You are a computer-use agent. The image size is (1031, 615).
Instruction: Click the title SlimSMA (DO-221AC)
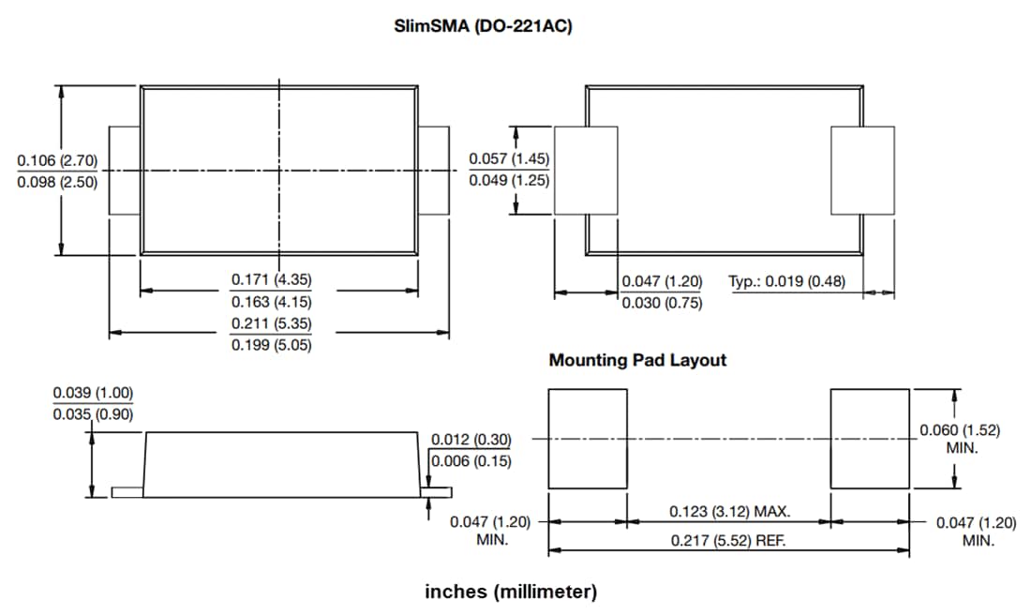(484, 26)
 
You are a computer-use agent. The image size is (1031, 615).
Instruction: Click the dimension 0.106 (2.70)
(57, 161)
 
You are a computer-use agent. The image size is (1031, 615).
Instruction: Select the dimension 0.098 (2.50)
(57, 182)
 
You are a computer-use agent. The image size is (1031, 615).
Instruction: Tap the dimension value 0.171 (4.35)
(272, 279)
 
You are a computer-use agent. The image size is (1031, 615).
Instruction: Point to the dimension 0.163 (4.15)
(272, 302)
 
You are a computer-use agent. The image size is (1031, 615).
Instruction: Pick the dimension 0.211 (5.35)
(272, 323)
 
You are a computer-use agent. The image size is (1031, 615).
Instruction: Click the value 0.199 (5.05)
(272, 345)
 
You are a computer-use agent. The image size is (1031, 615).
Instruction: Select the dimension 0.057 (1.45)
(509, 159)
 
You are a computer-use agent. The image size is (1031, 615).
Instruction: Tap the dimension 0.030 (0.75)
(662, 303)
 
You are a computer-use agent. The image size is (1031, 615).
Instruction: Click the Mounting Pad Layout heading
(637, 360)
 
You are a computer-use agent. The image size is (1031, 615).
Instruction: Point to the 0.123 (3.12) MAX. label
(730, 512)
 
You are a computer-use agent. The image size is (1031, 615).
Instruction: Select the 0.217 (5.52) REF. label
(728, 541)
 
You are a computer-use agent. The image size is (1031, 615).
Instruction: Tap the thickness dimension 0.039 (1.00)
(93, 392)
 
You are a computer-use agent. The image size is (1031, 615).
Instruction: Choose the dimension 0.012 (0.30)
(471, 440)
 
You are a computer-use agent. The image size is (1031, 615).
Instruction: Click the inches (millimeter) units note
(511, 592)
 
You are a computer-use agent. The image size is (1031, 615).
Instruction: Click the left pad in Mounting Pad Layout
(588, 439)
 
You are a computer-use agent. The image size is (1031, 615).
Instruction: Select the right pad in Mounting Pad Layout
(870, 439)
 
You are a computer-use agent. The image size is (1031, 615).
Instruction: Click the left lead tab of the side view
(127, 491)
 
